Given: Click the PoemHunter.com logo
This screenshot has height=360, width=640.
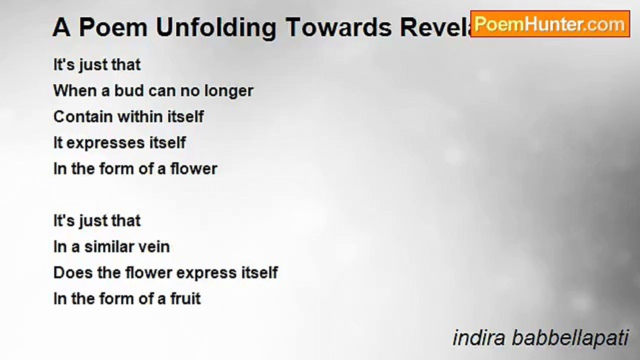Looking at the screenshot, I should (x=549, y=24).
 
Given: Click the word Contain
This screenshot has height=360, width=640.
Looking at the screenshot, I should (x=83, y=117).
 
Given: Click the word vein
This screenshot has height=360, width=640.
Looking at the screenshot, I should (x=154, y=247).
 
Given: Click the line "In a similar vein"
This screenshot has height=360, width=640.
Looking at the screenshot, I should (x=111, y=247).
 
